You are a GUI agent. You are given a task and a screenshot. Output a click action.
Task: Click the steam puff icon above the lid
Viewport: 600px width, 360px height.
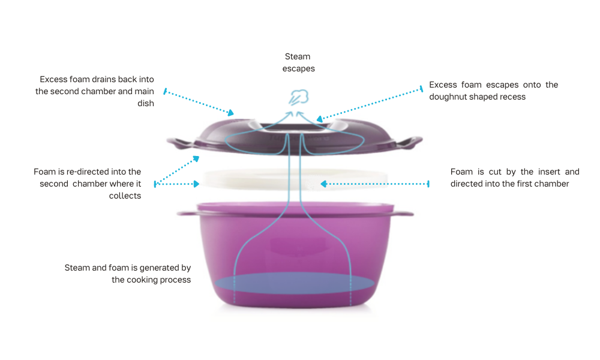pos(298,97)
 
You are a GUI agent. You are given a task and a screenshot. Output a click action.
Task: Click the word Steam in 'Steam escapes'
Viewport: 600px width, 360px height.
pos(298,56)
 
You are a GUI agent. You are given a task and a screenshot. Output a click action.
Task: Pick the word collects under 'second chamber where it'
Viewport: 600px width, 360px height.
pos(125,196)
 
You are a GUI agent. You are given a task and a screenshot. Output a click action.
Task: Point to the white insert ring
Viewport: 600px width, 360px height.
pos(295,180)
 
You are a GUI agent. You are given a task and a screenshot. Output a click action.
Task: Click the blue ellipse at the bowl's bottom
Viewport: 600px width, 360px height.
pos(294,283)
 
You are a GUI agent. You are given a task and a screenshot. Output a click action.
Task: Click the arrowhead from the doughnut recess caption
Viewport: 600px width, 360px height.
pos(320,119)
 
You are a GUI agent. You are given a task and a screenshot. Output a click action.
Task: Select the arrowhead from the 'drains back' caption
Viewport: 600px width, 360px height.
pos(230,112)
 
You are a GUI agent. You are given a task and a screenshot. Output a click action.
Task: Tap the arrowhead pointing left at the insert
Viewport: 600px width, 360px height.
pos(324,184)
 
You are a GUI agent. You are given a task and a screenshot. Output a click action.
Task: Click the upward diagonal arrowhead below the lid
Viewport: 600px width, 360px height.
pos(196,158)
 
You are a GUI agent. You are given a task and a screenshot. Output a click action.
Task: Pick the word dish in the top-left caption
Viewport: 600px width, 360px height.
pos(146,103)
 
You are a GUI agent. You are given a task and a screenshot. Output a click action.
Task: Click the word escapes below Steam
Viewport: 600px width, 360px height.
pos(298,69)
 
